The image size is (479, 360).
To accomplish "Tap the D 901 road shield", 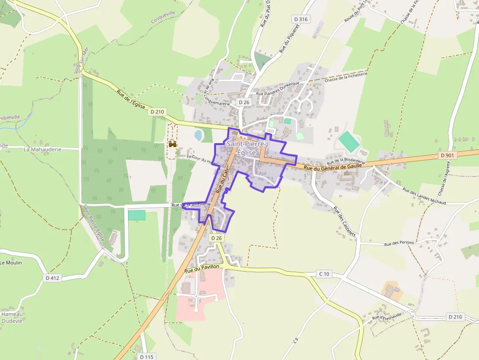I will [447, 155].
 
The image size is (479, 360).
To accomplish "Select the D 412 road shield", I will [52, 278].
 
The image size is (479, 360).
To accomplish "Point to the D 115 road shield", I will [146, 357].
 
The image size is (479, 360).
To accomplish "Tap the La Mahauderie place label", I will [43, 149].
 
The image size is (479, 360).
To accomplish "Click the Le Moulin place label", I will [11, 263].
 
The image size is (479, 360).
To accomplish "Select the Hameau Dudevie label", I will [12, 318].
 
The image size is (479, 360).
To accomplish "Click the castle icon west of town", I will [172, 144].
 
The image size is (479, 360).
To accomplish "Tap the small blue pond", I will [199, 134].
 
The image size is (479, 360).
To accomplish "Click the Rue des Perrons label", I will [399, 243].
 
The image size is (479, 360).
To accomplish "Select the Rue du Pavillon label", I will [202, 268].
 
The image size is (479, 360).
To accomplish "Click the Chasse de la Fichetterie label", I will [345, 77].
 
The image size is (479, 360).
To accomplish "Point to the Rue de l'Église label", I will [131, 100].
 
